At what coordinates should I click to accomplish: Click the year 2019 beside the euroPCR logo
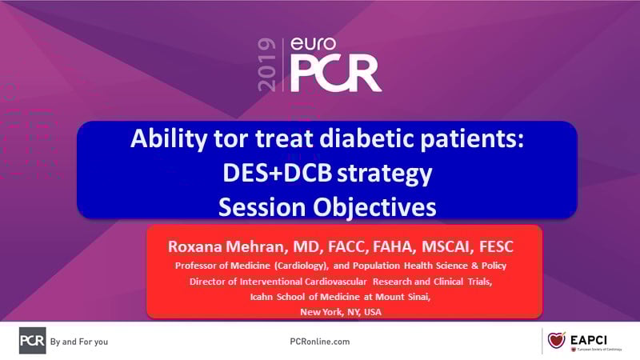click(267, 65)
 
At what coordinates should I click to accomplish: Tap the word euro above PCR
click(313, 44)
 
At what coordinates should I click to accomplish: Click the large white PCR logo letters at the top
click(336, 74)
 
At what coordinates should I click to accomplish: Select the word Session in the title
click(262, 207)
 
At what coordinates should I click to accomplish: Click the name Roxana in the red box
click(194, 246)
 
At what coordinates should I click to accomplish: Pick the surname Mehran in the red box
click(256, 246)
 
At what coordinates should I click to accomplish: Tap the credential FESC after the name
click(496, 246)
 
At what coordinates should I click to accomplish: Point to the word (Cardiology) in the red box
click(302, 266)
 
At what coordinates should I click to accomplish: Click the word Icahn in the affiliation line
click(262, 297)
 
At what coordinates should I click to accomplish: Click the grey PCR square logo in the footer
click(32, 341)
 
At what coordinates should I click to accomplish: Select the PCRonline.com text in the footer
click(319, 342)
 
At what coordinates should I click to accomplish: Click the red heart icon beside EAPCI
click(556, 340)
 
